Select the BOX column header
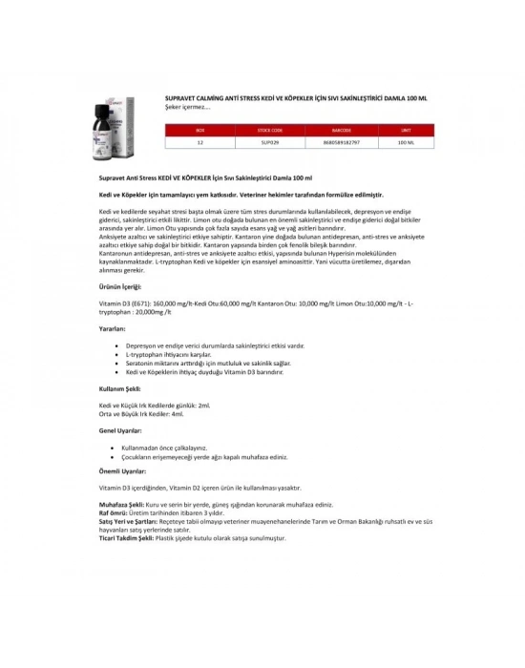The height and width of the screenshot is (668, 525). (x=199, y=129)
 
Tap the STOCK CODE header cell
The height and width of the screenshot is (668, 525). (x=270, y=129)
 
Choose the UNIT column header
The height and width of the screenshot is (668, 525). (x=405, y=129)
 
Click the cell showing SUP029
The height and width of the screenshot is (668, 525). (x=270, y=141)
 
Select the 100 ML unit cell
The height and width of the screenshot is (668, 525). (x=405, y=141)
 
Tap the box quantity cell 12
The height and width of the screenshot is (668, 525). (x=199, y=141)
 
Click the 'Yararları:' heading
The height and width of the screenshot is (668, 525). (x=113, y=327)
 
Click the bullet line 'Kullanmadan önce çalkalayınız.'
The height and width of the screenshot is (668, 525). (x=166, y=447)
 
